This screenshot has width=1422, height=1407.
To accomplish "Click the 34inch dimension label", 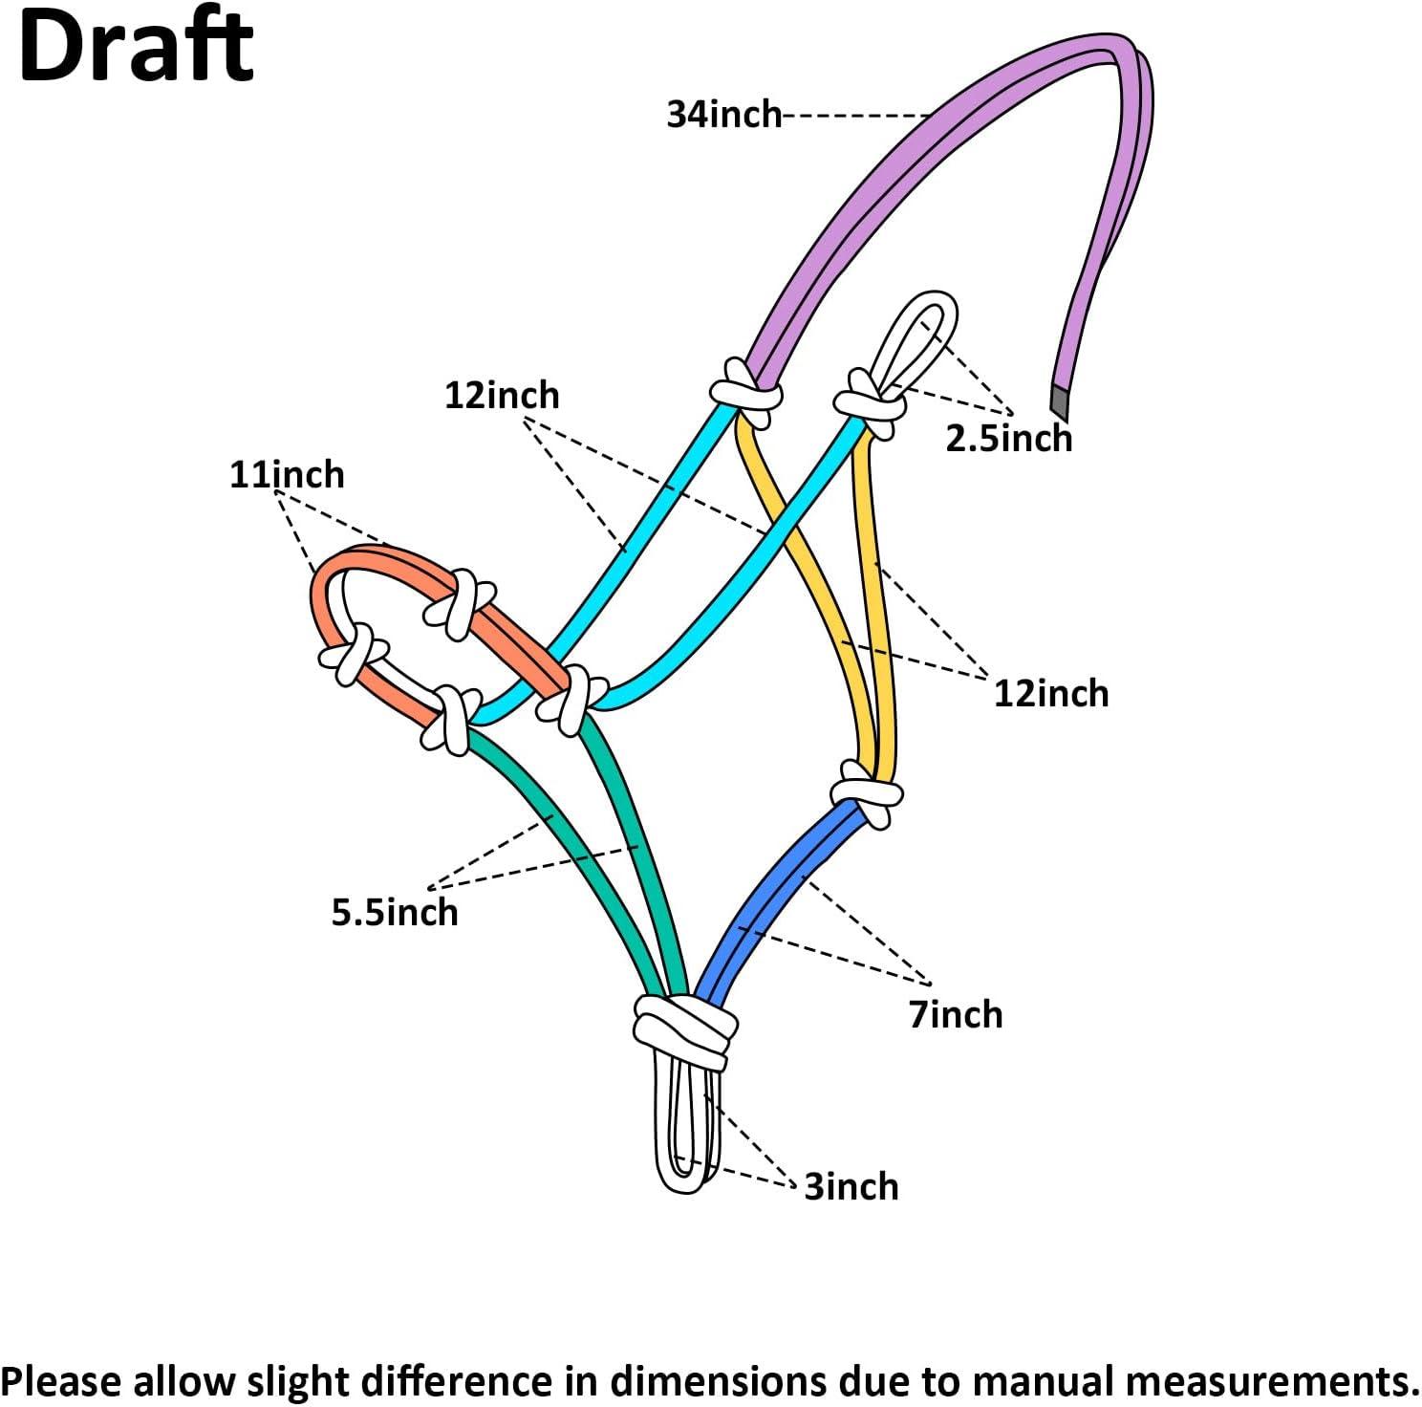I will pyautogui.click(x=723, y=115).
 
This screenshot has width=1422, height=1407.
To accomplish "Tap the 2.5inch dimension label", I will pyautogui.click(x=1008, y=439).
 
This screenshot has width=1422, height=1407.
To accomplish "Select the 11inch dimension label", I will pyautogui.click(x=287, y=475).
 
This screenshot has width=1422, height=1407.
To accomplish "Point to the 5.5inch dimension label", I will pyautogui.click(x=395, y=913).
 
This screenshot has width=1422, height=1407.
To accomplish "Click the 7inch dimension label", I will pyautogui.click(x=956, y=1014).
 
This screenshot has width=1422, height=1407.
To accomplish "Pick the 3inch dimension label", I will pyautogui.click(x=851, y=1186).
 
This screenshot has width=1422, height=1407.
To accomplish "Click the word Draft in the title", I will pyautogui.click(x=136, y=48).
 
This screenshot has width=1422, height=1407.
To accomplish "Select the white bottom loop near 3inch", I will pyautogui.click(x=686, y=1128).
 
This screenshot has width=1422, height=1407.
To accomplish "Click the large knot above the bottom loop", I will pyautogui.click(x=685, y=1028).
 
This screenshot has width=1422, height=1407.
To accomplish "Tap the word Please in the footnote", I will pyautogui.click(x=62, y=1382).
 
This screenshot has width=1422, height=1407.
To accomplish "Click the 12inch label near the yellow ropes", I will pyautogui.click(x=1051, y=694).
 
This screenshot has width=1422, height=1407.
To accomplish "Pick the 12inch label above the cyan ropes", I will pyautogui.click(x=502, y=396).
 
